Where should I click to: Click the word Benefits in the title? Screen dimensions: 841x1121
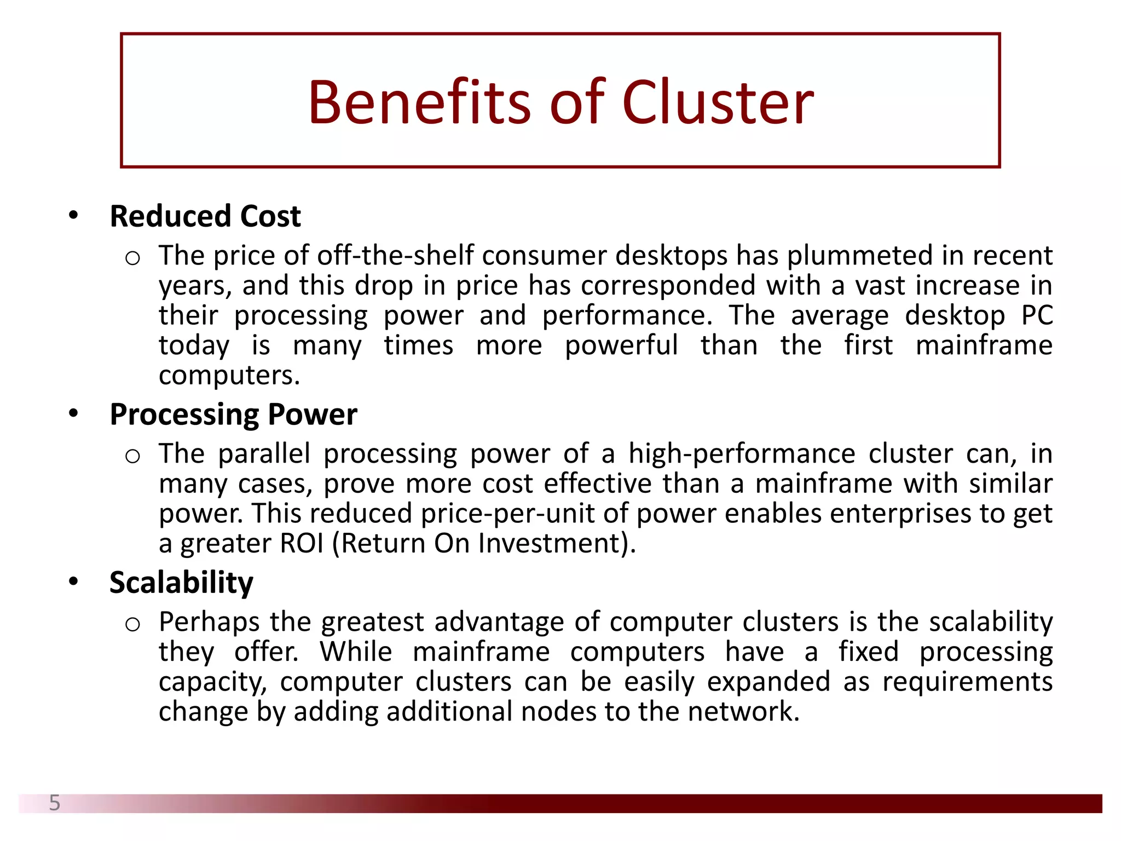click(x=419, y=102)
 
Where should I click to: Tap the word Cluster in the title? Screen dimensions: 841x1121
click(x=718, y=102)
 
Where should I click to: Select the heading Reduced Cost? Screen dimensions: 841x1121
click(x=205, y=216)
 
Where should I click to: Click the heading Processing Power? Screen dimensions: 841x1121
click(x=233, y=414)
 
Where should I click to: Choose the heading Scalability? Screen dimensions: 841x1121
click(x=181, y=582)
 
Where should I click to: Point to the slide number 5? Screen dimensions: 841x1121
click(x=55, y=803)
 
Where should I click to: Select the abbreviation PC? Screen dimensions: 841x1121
click(x=1037, y=315)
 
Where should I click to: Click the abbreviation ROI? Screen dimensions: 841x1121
click(x=302, y=544)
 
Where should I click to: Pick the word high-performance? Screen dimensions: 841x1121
click(x=742, y=454)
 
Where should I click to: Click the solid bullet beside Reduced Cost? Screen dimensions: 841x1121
click(x=73, y=215)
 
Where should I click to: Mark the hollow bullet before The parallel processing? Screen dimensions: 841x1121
click(x=132, y=456)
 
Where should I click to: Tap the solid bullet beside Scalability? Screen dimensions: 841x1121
click(x=73, y=581)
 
